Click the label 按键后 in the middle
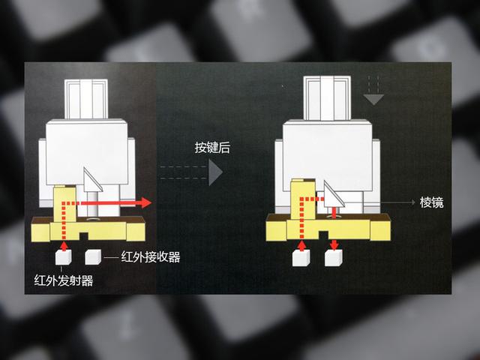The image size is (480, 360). [x=212, y=148]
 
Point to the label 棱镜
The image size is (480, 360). [x=431, y=202]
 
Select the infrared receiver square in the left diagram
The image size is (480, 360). [x=93, y=257]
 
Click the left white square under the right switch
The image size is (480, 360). [x=302, y=259]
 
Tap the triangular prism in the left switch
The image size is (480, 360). [x=91, y=180]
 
